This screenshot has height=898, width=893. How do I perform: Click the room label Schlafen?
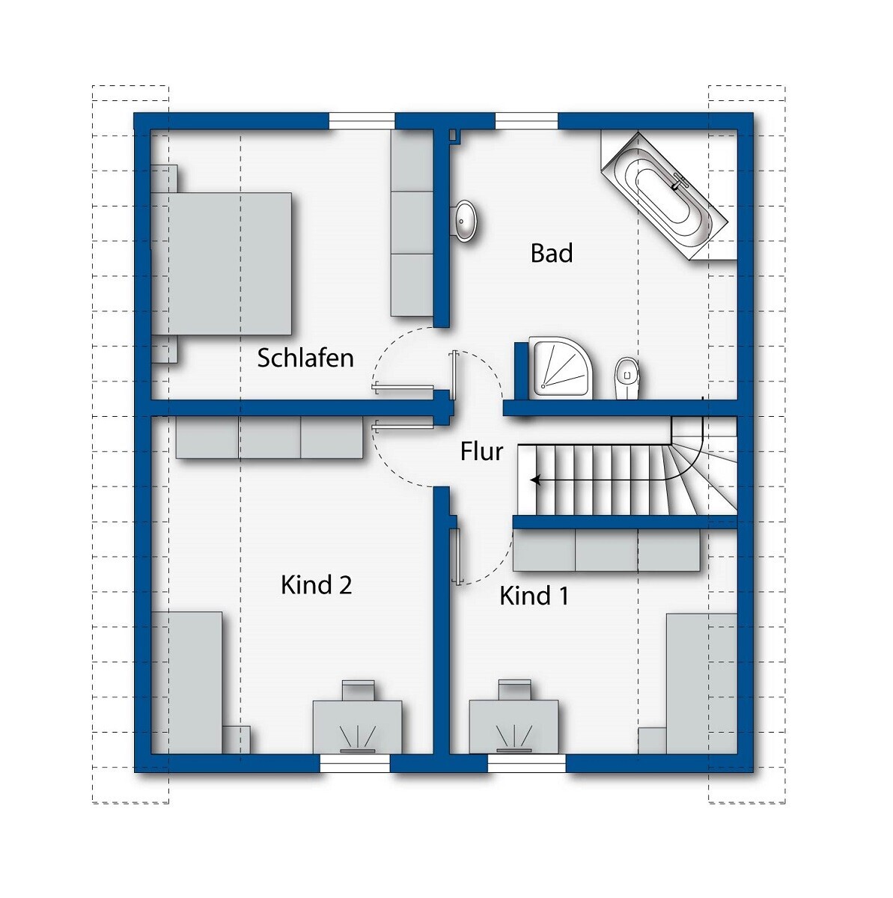(305, 358)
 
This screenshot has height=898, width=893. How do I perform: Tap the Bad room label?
(552, 253)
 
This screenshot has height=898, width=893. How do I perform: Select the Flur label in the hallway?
(482, 451)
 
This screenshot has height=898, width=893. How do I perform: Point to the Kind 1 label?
(534, 596)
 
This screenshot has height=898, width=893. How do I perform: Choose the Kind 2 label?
(316, 584)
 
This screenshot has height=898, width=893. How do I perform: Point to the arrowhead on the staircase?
(536, 480)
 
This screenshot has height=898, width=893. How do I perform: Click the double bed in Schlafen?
(222, 263)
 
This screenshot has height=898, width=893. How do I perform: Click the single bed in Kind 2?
(187, 683)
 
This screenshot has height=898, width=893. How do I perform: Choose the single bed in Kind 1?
(702, 684)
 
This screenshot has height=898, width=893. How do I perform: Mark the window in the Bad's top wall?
(526, 120)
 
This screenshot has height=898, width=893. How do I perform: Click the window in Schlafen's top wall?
(362, 120)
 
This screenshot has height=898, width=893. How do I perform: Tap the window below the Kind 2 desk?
(354, 764)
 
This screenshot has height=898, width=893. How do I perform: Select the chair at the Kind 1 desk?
(514, 689)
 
